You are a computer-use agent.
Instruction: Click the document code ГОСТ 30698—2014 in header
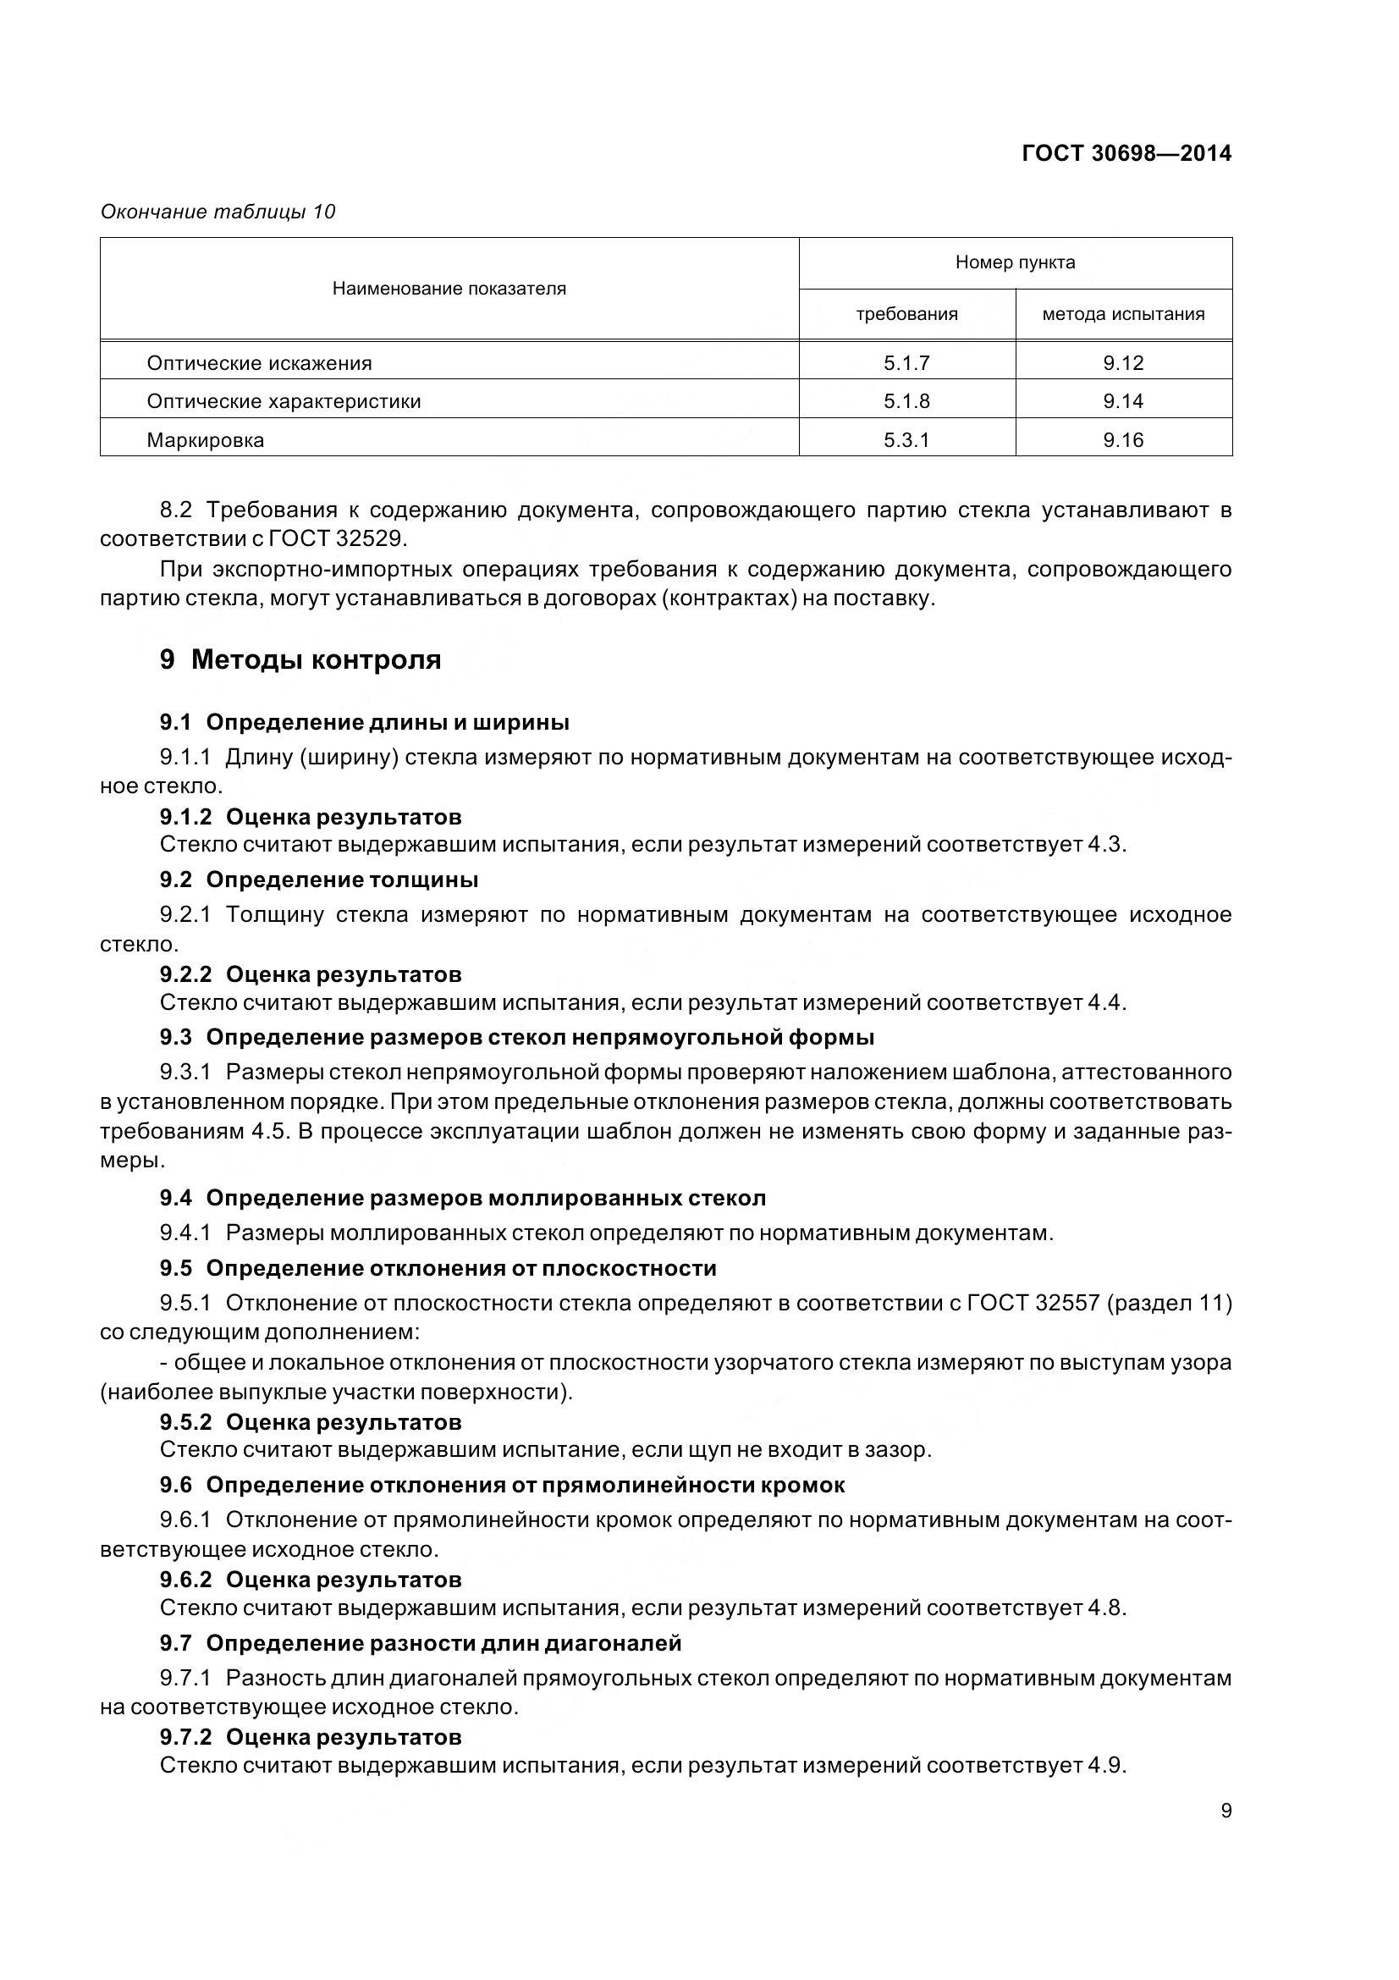pos(1126,153)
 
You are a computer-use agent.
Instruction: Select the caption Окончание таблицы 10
pos(218,212)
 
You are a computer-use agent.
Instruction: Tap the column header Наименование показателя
pos(449,289)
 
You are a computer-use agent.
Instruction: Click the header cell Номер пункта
pos(1015,262)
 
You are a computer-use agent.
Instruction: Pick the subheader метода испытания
pos(1122,314)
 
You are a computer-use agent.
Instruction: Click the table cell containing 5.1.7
pos(906,363)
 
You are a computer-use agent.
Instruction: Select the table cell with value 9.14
pos(1122,401)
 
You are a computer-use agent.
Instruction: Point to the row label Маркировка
pos(205,441)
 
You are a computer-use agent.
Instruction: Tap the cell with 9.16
pos(1122,441)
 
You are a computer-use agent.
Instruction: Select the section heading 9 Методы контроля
pos(300,659)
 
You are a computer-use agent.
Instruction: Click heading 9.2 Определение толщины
pos(318,880)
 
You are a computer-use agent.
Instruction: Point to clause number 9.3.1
pos(185,1072)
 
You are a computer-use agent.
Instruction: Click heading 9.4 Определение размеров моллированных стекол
pos(462,1198)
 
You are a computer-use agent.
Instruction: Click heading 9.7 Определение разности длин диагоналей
pos(420,1643)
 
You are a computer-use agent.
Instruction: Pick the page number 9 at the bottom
pos(1226,1811)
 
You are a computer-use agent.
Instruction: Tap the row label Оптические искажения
pos(259,363)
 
